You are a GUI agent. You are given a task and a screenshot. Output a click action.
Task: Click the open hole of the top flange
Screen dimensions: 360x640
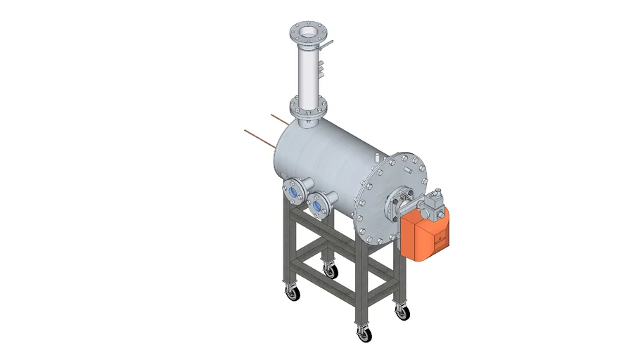pyautogui.click(x=308, y=32)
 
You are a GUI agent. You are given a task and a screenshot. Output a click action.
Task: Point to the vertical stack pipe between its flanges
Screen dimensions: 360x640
pyautogui.click(x=307, y=74)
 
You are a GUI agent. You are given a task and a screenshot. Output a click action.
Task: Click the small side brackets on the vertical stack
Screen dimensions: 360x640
pyautogui.click(x=321, y=67)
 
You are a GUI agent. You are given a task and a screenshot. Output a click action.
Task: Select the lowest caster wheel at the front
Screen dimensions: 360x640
pyautogui.click(x=364, y=335)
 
